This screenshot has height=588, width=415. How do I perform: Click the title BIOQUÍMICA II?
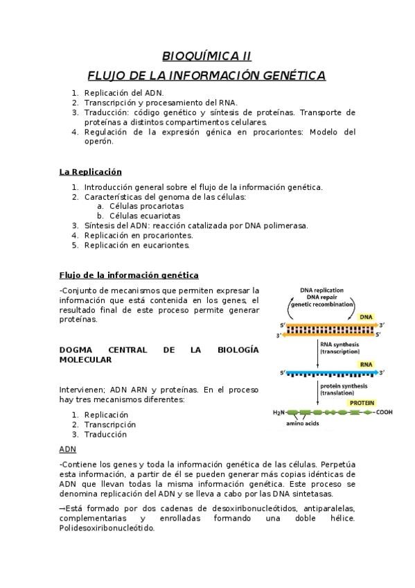point(206,55)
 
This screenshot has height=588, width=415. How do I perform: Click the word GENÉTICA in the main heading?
point(291,75)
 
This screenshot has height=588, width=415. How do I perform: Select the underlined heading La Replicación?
point(90,172)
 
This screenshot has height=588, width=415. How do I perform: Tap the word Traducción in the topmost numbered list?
point(105,112)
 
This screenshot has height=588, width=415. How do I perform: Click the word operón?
point(98,141)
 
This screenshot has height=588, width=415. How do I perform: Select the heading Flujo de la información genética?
point(129,275)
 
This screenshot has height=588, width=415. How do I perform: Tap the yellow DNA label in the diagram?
point(366,317)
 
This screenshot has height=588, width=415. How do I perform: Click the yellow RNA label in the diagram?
point(366,364)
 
